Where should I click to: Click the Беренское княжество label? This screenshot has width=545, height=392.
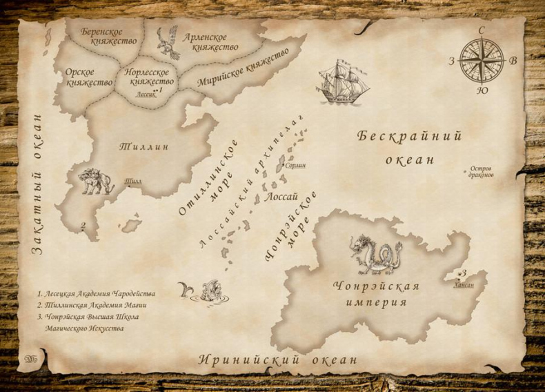[101, 36]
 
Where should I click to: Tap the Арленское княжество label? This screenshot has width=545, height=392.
[210, 42]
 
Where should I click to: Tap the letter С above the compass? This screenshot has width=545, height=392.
[482, 30]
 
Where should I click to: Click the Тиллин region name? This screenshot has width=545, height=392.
[144, 147]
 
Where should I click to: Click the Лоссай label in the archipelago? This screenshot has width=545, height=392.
[281, 197]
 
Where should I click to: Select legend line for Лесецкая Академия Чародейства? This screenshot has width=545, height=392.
[97, 293]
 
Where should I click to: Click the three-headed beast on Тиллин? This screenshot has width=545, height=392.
[95, 182]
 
